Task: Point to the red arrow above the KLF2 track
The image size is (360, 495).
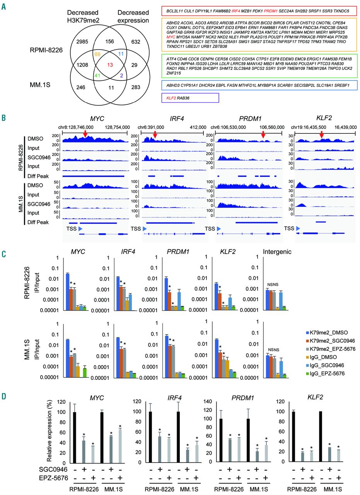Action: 321,134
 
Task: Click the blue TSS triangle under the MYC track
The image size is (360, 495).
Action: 80,229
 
